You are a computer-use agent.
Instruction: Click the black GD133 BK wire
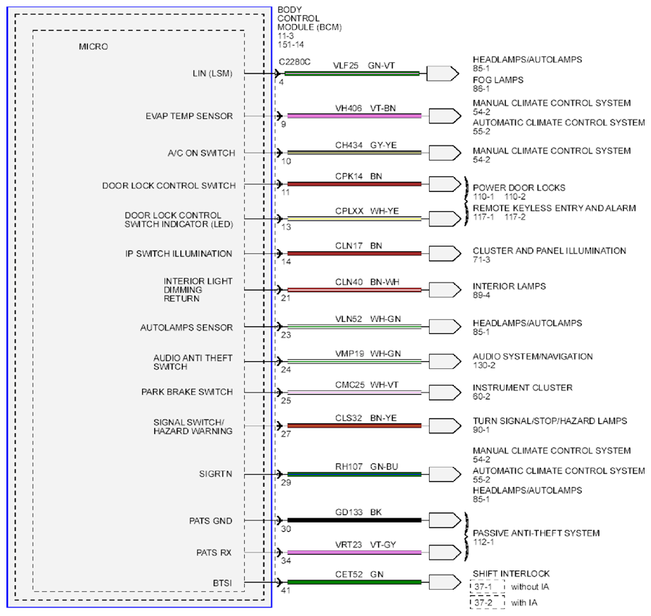(354, 520)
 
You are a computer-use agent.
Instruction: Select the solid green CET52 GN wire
(354, 582)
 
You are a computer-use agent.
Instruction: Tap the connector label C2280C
(294, 62)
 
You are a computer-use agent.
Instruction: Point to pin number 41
(286, 590)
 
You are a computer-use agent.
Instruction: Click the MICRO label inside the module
(94, 46)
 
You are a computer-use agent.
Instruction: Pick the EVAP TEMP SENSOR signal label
(189, 116)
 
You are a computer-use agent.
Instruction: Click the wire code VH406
(348, 108)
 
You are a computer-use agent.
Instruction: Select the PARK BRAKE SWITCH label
(187, 392)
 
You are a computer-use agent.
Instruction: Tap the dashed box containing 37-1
(488, 587)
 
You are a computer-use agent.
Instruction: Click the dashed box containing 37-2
(488, 602)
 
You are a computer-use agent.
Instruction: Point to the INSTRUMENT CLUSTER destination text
(523, 388)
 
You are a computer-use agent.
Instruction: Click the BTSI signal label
(222, 583)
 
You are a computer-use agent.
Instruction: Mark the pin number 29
(286, 483)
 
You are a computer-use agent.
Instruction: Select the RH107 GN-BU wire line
(354, 474)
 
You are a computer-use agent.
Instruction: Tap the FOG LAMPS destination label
(498, 80)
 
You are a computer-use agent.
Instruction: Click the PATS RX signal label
(214, 552)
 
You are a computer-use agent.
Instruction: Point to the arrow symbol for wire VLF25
(443, 74)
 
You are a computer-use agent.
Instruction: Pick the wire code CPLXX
(349, 211)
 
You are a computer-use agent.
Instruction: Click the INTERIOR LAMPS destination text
(509, 286)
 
